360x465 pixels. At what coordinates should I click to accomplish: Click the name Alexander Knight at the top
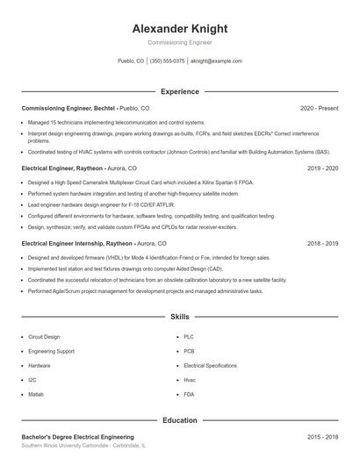(x=179, y=28)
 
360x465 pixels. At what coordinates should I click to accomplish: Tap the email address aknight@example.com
(x=216, y=61)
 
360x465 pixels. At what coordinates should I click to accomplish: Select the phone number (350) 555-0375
(x=167, y=61)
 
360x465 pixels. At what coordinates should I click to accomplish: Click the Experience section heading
(x=179, y=91)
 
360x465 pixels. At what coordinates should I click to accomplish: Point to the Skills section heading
(x=179, y=316)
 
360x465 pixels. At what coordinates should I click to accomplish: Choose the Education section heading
(x=179, y=420)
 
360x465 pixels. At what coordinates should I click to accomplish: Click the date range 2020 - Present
(x=319, y=108)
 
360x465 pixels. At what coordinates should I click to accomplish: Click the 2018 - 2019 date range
(x=322, y=243)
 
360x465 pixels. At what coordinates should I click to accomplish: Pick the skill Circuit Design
(x=44, y=336)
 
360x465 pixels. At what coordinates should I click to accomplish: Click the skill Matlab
(x=36, y=395)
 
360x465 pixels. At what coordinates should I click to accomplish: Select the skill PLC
(x=189, y=336)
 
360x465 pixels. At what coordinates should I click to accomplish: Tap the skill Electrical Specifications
(x=210, y=365)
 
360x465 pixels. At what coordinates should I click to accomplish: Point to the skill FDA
(x=189, y=395)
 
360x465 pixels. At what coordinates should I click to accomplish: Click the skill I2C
(x=32, y=380)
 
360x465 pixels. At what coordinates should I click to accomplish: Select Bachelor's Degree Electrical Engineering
(x=77, y=436)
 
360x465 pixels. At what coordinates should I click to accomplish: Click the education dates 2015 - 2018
(x=322, y=436)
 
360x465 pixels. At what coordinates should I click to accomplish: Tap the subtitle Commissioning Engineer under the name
(x=179, y=42)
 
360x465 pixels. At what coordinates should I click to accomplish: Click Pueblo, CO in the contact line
(x=131, y=61)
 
